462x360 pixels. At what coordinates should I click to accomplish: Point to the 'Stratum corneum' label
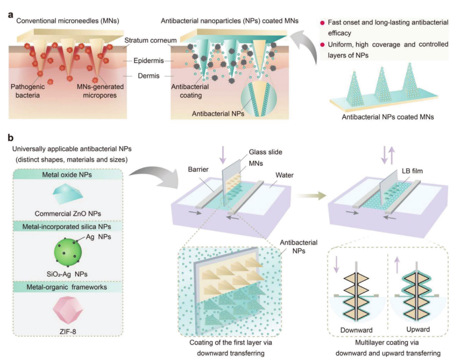[144, 41]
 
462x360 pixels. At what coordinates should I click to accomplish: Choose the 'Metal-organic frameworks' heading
[65, 287]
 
